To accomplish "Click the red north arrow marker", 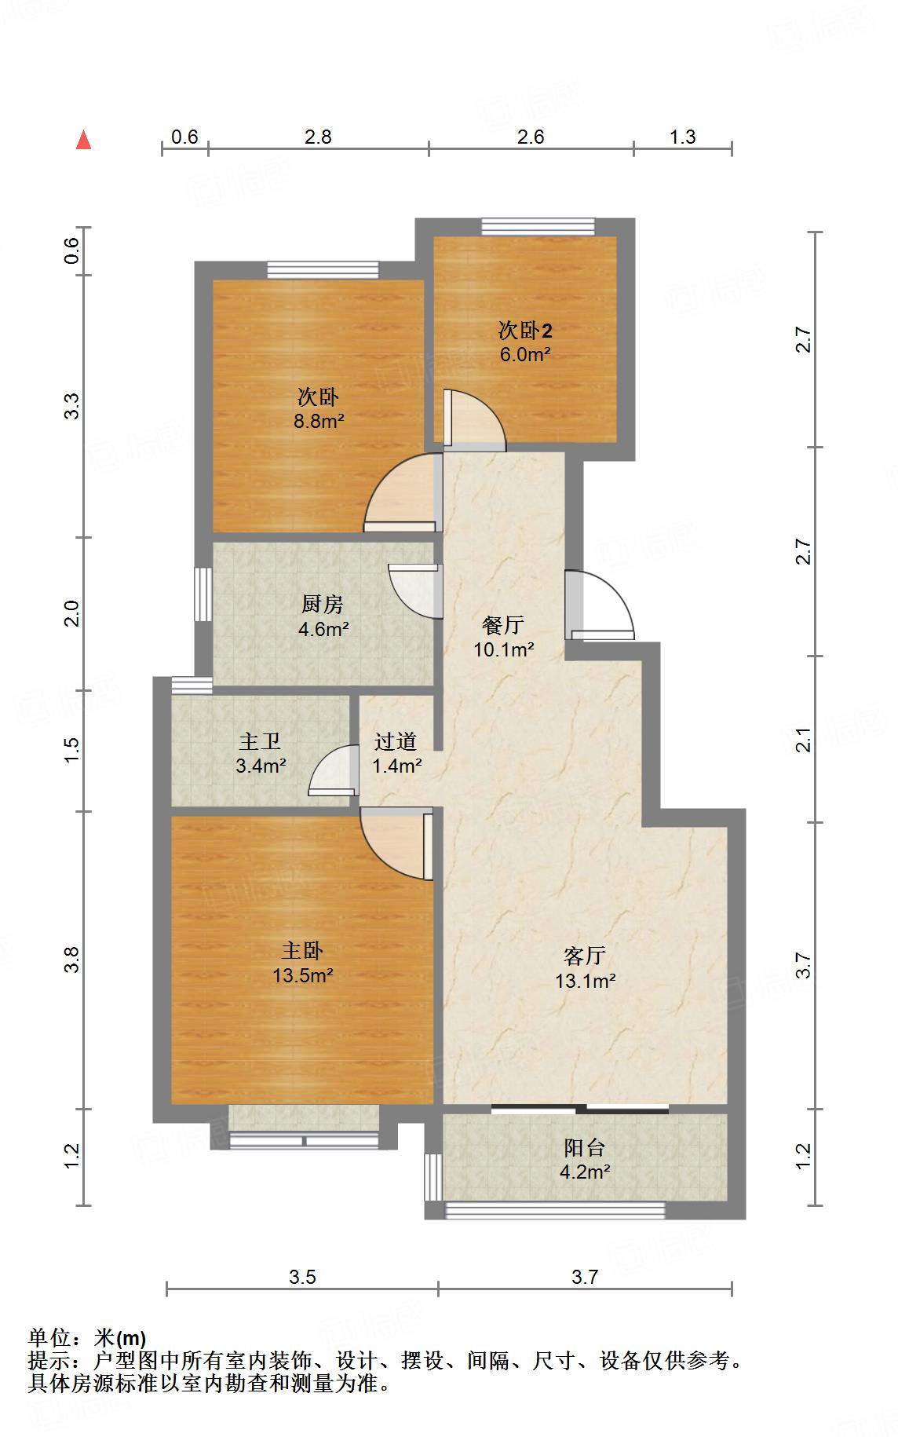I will [x=83, y=141].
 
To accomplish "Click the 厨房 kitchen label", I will [x=323, y=604].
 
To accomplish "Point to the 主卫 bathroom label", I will [x=260, y=741].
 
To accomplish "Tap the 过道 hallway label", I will [x=395, y=741].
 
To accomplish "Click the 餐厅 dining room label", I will [x=503, y=625].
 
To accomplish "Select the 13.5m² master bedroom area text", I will [x=303, y=975].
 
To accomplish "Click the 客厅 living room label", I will [x=585, y=956].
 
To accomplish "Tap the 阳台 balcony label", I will [x=585, y=1147].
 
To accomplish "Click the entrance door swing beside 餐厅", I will [x=600, y=605].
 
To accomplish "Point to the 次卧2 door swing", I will [x=474, y=420].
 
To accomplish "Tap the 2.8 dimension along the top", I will [x=318, y=137].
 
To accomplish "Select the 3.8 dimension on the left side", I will [x=71, y=960].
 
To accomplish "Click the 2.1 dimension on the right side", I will [x=803, y=740].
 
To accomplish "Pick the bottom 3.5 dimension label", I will [x=302, y=1277].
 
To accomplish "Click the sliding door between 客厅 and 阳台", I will [x=581, y=1109].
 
